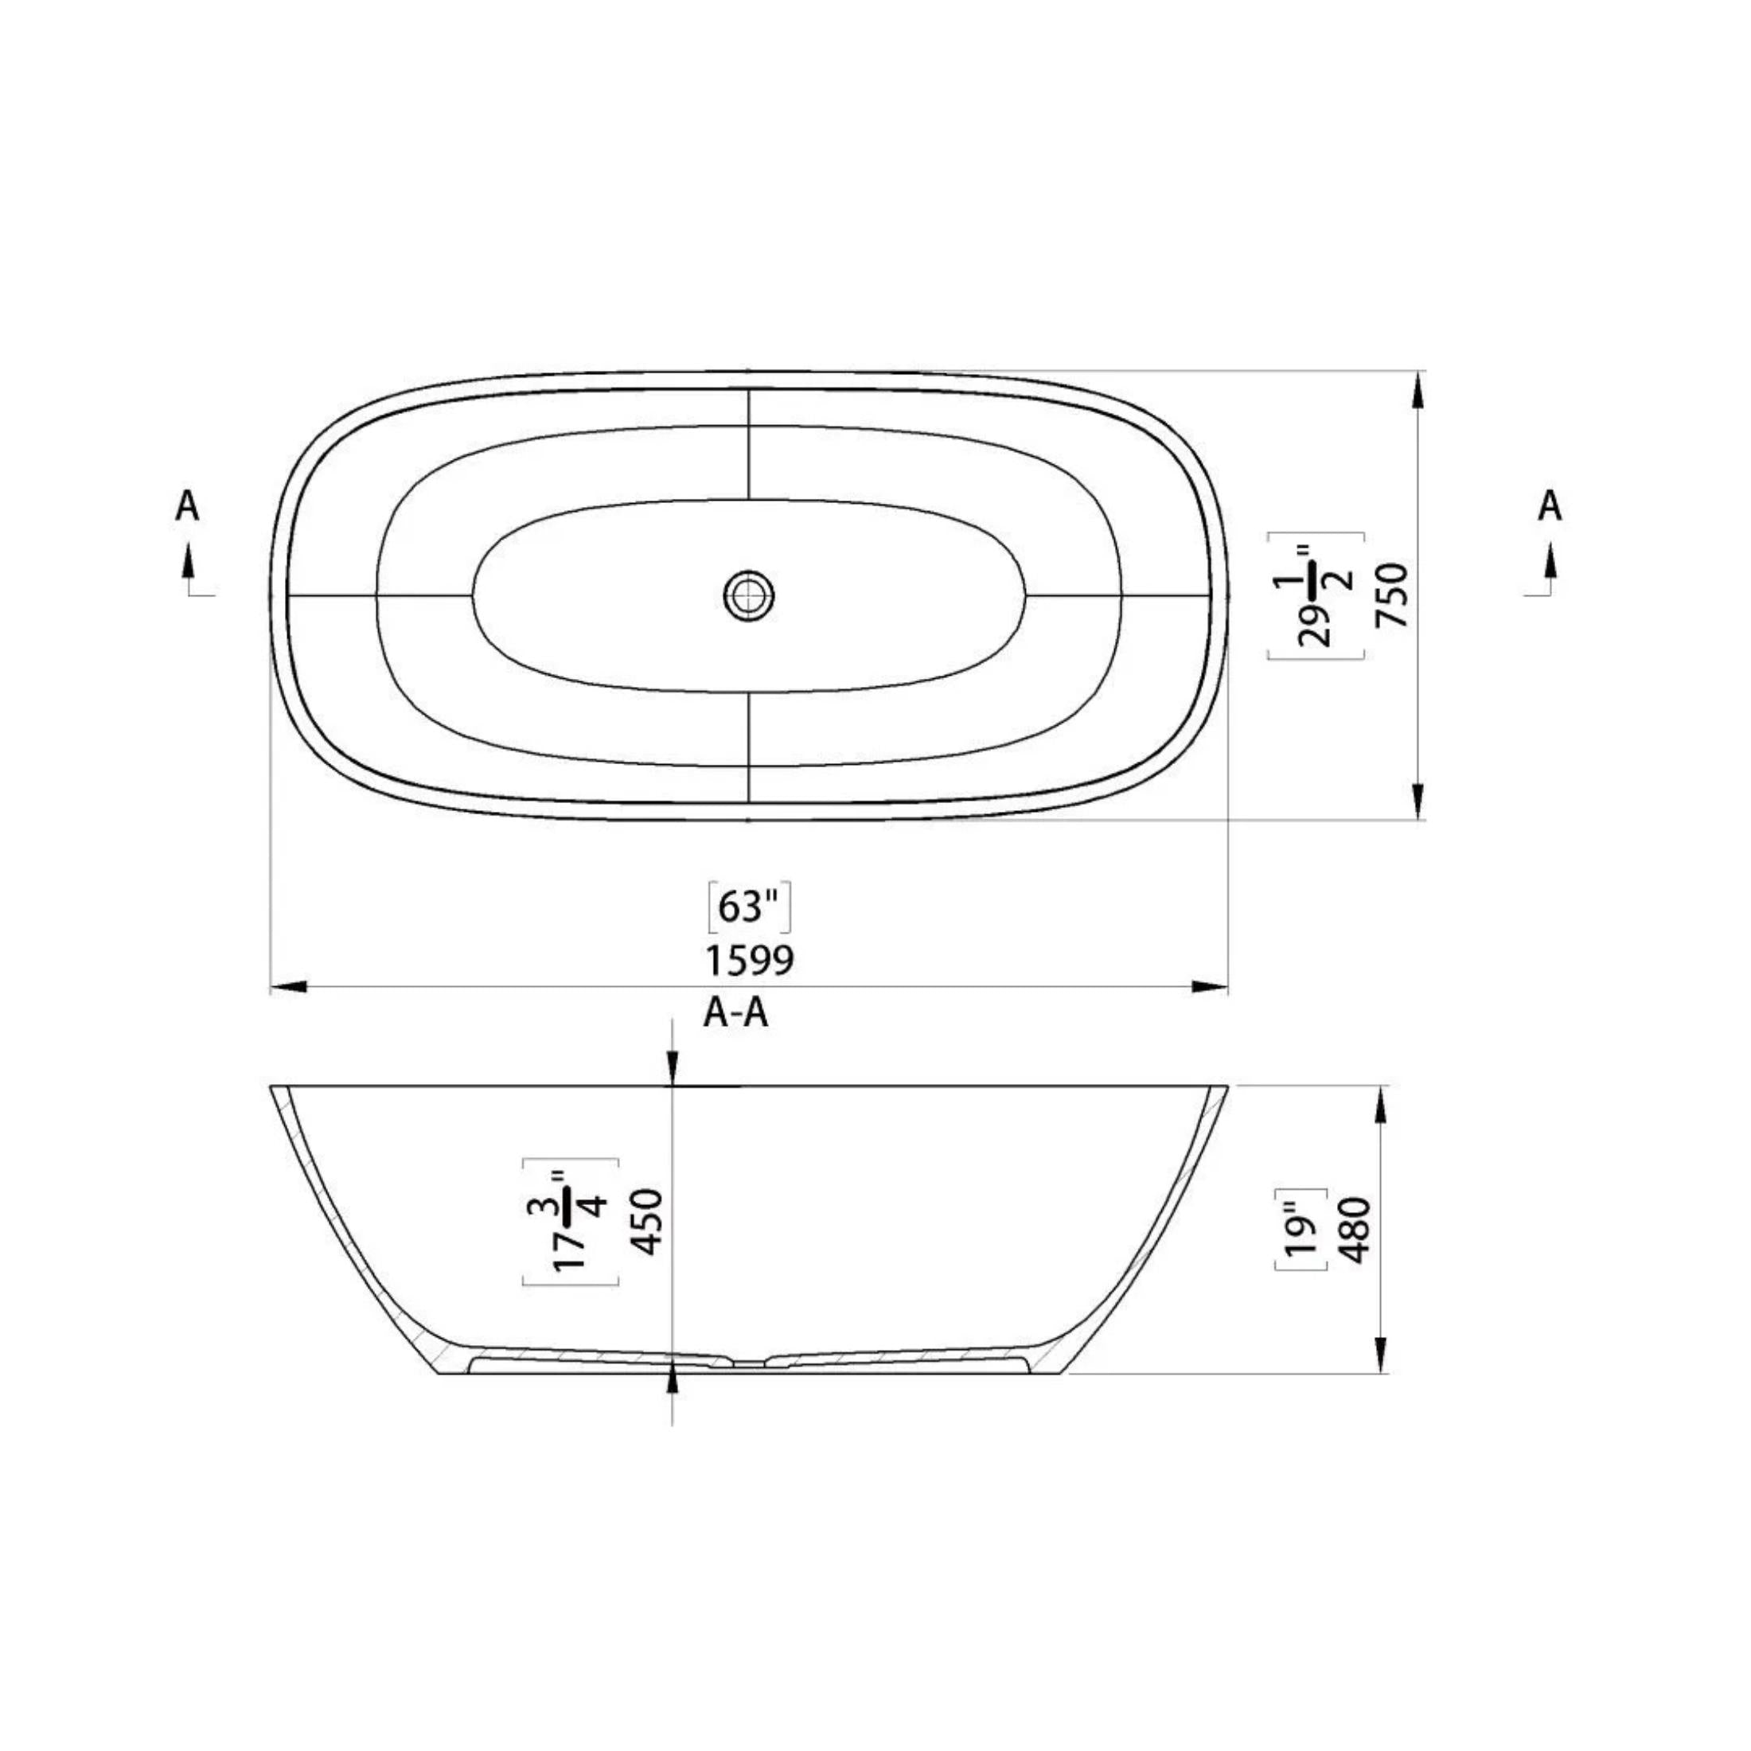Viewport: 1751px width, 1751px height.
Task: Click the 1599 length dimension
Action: click(750, 960)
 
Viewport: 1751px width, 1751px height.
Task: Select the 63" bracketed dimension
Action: click(749, 907)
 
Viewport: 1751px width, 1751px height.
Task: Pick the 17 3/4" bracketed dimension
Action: click(572, 1222)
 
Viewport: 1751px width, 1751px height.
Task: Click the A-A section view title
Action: click(736, 1013)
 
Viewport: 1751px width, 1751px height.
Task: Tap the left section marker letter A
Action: click(187, 505)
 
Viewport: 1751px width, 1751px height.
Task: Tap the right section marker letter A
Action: click(1550, 505)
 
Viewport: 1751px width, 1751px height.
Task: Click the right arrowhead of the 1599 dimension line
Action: click(1210, 987)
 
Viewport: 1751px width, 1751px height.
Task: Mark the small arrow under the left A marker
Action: click(189, 562)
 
